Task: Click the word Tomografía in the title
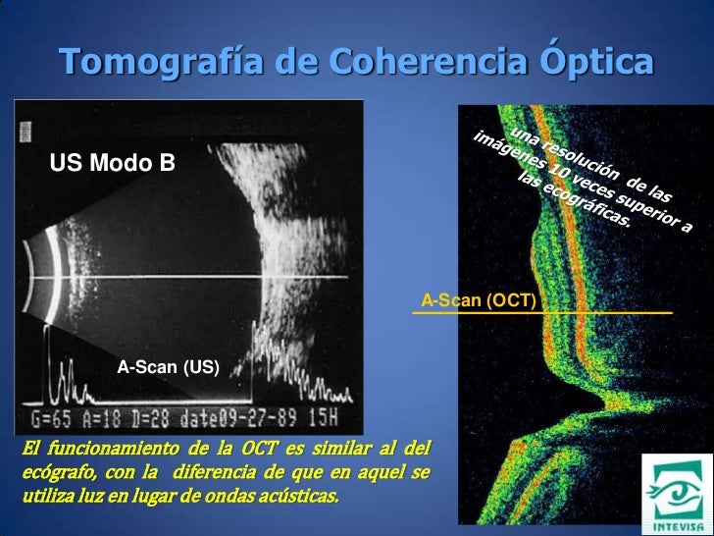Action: pos(161,61)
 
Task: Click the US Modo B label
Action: pos(112,162)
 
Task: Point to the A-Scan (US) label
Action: pos(168,367)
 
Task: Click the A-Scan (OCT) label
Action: pos(479,300)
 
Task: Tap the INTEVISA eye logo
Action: pos(675,493)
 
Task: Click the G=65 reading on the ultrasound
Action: pos(51,418)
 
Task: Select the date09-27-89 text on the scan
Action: pos(238,418)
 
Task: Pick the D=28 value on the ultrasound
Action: pos(151,418)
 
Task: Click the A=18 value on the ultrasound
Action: pos(101,418)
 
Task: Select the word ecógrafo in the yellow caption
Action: pos(59,472)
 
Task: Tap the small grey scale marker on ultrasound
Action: pos(25,132)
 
